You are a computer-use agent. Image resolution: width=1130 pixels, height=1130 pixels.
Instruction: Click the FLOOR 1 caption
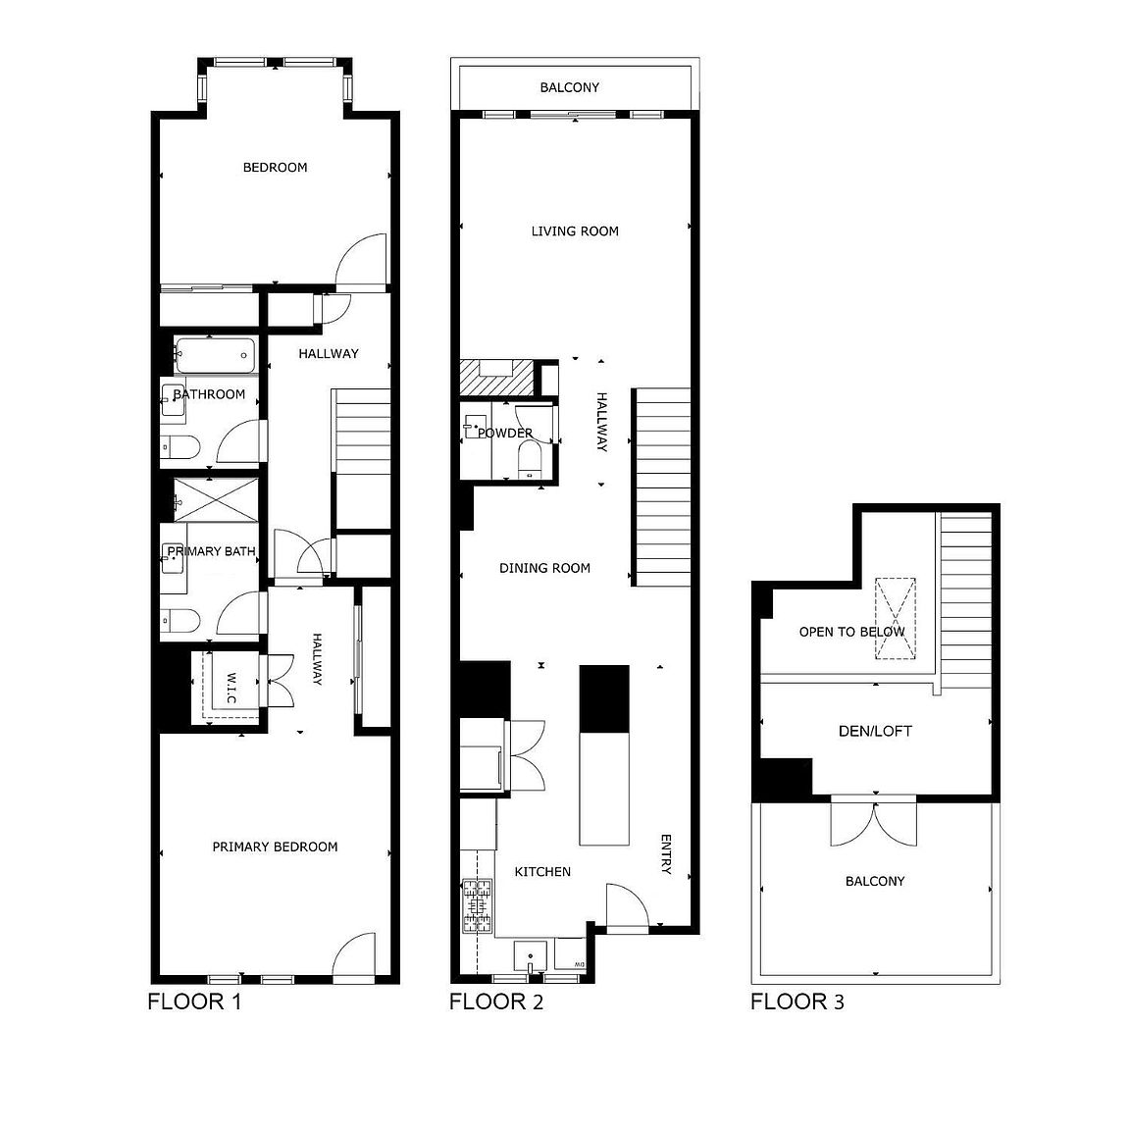click(x=193, y=1002)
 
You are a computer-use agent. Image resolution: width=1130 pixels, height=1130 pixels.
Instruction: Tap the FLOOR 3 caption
click(x=796, y=1002)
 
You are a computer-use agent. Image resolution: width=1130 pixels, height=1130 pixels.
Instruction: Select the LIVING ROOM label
click(x=575, y=231)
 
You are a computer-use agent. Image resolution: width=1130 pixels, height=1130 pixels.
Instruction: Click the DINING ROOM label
click(x=544, y=568)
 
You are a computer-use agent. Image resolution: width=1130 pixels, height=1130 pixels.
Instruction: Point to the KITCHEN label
click(x=542, y=871)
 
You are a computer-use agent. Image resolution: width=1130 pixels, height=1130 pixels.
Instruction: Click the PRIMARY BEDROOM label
click(x=275, y=847)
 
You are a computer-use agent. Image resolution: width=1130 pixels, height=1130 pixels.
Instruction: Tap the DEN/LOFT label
click(x=875, y=731)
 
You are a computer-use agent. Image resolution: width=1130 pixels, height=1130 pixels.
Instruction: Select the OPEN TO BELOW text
click(x=851, y=632)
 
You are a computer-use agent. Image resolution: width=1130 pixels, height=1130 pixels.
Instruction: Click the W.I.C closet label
click(x=231, y=687)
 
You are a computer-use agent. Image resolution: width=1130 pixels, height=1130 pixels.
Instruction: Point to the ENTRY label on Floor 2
click(x=665, y=853)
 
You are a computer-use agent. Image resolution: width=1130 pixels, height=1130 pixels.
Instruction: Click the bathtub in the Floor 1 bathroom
click(x=215, y=354)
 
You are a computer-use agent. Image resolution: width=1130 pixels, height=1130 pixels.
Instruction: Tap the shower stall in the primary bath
click(x=216, y=500)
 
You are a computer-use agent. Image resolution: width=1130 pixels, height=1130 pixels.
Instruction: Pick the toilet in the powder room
click(x=530, y=458)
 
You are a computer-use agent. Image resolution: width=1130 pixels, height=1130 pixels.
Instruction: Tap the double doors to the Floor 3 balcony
click(x=874, y=821)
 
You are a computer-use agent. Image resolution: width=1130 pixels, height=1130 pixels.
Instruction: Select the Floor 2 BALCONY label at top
click(x=569, y=87)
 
